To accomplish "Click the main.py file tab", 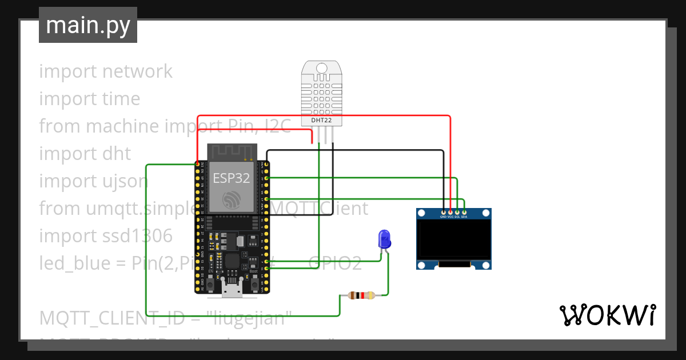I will pos(87,26).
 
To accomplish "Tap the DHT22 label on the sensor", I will pos(321,120).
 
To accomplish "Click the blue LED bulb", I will pos(384,238).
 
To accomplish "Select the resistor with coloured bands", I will pos(361,295).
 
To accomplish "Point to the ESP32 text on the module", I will pos(231,178).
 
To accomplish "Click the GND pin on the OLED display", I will pos(443,213).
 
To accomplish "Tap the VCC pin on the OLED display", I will pos(450,213).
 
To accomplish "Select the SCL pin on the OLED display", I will pos(457,213).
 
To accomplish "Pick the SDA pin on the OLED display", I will pos(464,213).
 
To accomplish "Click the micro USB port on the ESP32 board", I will pos(232,291).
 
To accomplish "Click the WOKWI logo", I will pos(607,315).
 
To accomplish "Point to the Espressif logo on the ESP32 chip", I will pos(231,199).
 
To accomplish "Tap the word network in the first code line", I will pos(137,71).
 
